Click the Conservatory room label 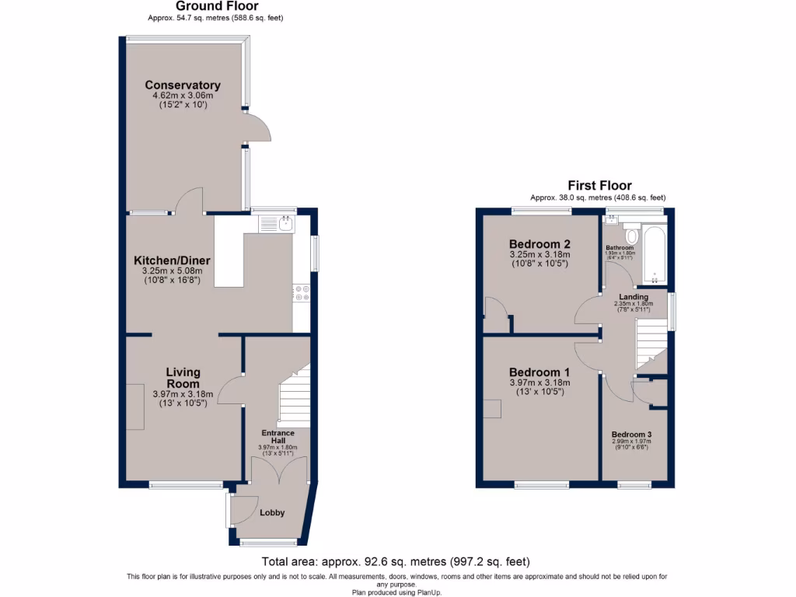click(182, 85)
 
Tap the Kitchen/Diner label click(172, 260)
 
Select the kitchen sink click(278, 224)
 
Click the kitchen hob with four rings click(301, 292)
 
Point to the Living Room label click(183, 378)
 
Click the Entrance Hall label click(278, 437)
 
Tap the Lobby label click(272, 512)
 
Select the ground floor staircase click(294, 396)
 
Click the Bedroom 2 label click(539, 243)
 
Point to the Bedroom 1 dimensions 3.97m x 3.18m click(539, 382)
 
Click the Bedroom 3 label click(631, 435)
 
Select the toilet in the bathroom click(631, 234)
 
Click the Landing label click(634, 296)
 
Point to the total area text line click(396, 561)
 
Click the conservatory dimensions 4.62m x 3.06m click(182, 96)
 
